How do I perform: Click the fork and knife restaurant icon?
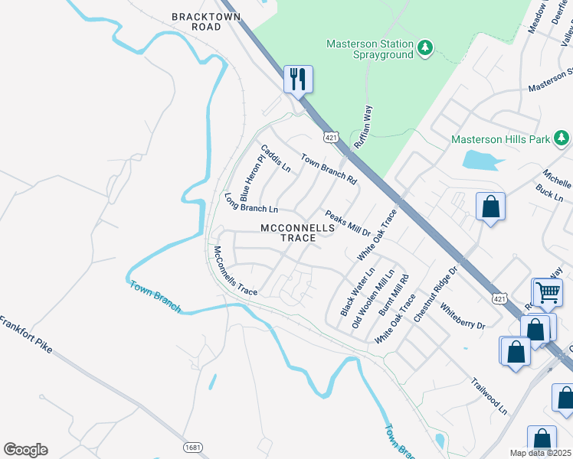coord(298,78)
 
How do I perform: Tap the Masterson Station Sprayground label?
coord(370,50)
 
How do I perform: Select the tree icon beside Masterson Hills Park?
coord(562,138)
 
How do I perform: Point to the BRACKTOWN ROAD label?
coord(196,21)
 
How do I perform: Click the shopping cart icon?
coord(547,291)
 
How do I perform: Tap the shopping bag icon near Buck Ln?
coord(490,207)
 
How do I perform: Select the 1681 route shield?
coord(192,446)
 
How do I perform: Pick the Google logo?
coord(25,449)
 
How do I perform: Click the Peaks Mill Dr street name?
coord(348,223)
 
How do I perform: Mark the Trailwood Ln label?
coord(490,396)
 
